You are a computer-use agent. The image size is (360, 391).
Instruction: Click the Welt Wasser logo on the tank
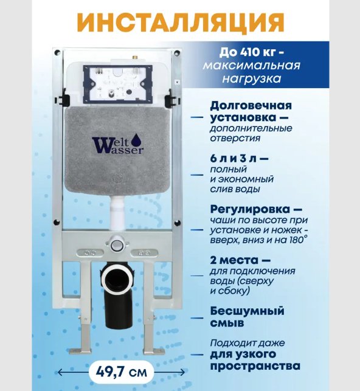pos(117,145)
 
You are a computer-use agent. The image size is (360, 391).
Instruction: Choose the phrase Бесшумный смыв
pos(246,317)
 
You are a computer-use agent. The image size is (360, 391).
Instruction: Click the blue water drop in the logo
pos(119,139)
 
